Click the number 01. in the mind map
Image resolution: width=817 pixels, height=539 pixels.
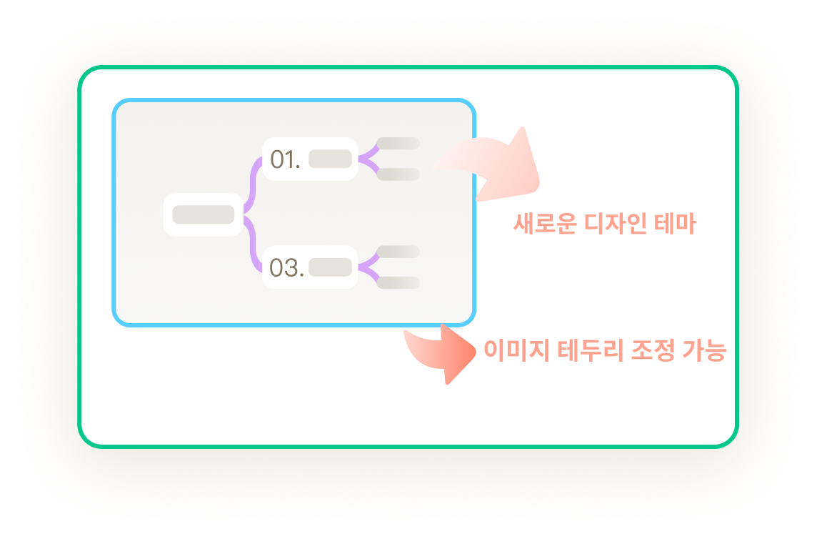285,159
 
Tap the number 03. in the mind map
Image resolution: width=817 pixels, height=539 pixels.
286,267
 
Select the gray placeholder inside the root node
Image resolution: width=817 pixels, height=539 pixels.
204,214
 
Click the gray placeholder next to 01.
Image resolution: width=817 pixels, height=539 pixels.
331,159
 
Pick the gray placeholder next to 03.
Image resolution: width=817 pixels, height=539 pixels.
331,267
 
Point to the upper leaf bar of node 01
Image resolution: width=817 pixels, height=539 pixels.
398,144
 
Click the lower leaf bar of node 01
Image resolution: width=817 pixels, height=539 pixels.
398,174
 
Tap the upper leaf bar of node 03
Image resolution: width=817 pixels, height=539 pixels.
398,252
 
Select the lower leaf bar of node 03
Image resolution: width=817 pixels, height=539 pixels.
398,283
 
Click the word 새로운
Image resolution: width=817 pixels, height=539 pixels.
544,223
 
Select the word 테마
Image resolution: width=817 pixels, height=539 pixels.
676,223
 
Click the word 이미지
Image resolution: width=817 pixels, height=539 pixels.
516,350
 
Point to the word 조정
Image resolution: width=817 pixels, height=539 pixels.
653,350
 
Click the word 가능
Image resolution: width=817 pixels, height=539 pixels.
704,350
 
